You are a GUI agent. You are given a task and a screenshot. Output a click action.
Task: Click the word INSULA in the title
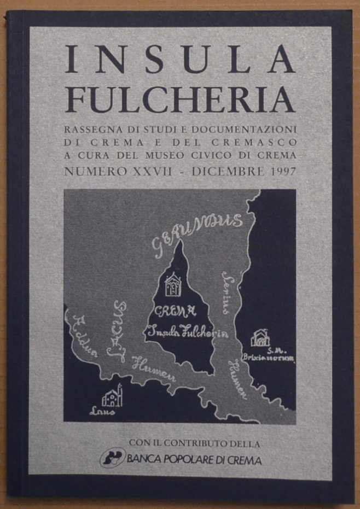(180, 60)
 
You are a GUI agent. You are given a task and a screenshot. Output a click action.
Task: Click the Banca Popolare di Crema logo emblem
(113, 458)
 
